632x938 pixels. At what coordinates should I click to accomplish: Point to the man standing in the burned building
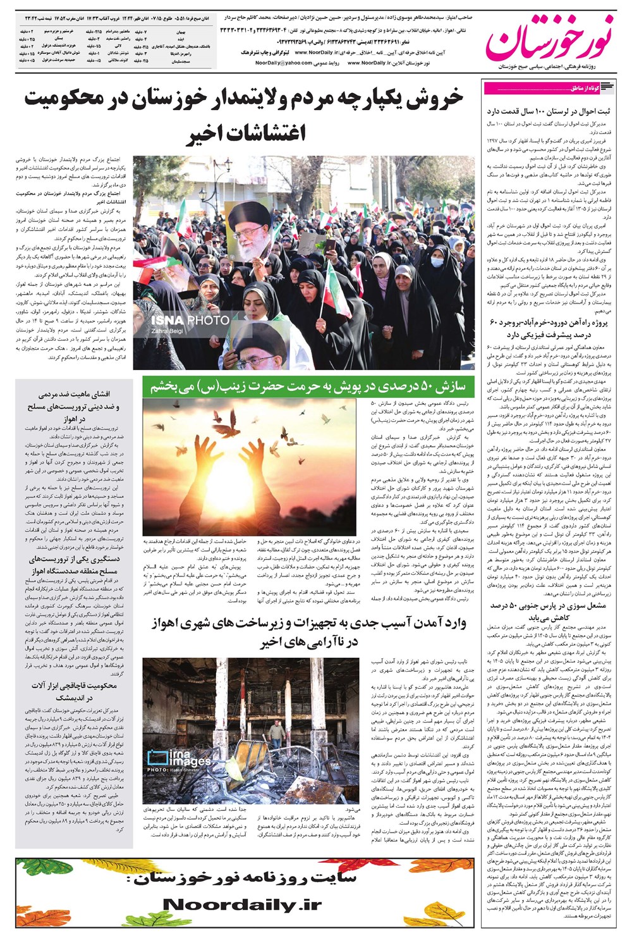(x=276, y=734)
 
